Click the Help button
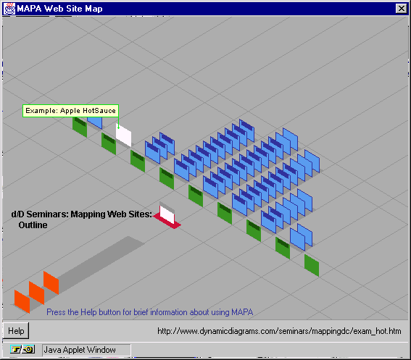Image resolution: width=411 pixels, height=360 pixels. click(x=16, y=330)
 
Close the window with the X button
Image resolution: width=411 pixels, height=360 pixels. click(x=401, y=9)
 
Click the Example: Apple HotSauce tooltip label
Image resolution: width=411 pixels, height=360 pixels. click(x=70, y=111)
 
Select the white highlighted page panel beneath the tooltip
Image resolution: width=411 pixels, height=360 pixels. click(x=123, y=135)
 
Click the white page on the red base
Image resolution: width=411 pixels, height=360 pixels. click(x=167, y=214)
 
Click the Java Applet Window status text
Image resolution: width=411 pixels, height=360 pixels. click(x=80, y=350)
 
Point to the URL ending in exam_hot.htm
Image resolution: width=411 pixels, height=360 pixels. click(x=279, y=331)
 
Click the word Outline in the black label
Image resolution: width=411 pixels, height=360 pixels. click(x=33, y=225)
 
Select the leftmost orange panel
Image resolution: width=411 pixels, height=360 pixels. click(x=22, y=301)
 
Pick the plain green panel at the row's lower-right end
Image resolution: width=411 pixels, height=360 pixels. click(x=312, y=265)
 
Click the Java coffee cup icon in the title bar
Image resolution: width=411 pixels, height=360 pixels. click(x=9, y=9)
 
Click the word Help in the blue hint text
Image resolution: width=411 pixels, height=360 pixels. click(x=88, y=312)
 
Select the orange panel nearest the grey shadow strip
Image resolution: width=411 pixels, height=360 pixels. click(x=51, y=282)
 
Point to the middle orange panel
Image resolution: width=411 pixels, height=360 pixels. click(x=36, y=293)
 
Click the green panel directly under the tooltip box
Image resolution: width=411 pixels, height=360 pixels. click(x=80, y=127)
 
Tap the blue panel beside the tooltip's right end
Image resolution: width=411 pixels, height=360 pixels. click(x=95, y=122)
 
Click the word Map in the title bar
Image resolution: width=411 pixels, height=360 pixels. click(x=94, y=9)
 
